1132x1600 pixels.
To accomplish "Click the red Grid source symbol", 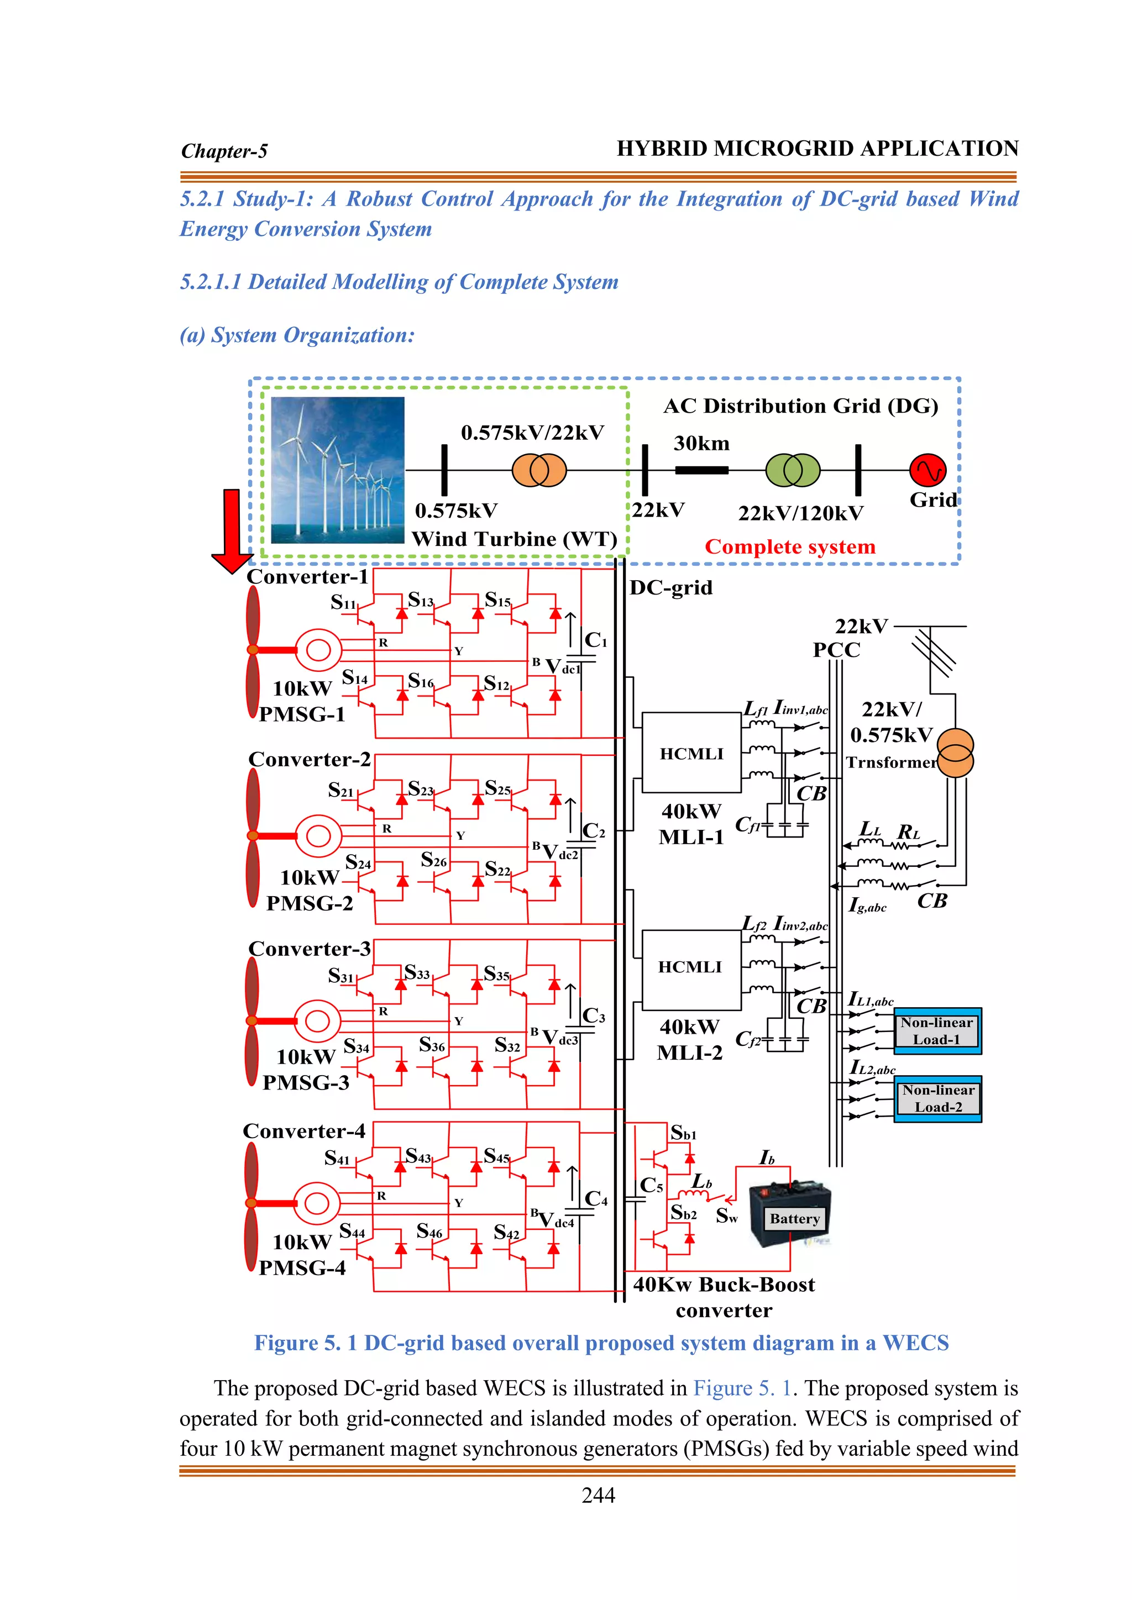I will click(928, 470).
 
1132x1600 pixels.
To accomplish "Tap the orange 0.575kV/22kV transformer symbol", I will click(539, 470).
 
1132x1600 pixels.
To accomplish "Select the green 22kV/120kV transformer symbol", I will click(793, 470).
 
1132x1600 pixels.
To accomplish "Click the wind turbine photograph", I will click(337, 470).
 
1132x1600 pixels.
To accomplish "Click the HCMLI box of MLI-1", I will click(691, 752).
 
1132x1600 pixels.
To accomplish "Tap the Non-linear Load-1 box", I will click(937, 1030).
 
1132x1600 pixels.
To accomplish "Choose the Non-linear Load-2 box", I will click(937, 1098).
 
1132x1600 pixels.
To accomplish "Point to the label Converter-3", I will click(309, 949).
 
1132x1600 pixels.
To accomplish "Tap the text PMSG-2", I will click(310, 903).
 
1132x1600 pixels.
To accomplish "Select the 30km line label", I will click(701, 443).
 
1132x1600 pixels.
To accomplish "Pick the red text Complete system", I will click(790, 546).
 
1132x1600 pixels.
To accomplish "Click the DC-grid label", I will click(670, 587).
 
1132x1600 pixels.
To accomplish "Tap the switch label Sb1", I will click(683, 1133).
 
